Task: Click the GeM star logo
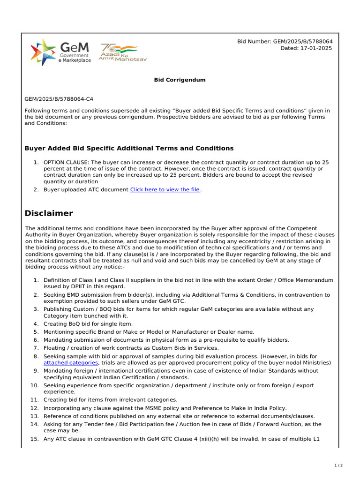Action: [x=43, y=52]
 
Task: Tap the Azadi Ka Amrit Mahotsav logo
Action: [x=119, y=52]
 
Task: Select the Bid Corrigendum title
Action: [x=180, y=80]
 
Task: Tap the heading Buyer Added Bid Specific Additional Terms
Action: [x=129, y=148]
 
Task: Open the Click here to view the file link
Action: [x=165, y=189]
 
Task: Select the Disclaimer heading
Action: [x=49, y=213]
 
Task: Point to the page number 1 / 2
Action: [x=338, y=465]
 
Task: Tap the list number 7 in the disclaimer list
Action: [x=36, y=348]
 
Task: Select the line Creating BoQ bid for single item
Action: [x=88, y=324]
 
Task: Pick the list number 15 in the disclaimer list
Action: [x=34, y=439]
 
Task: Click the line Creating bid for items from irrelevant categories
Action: [x=111, y=400]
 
